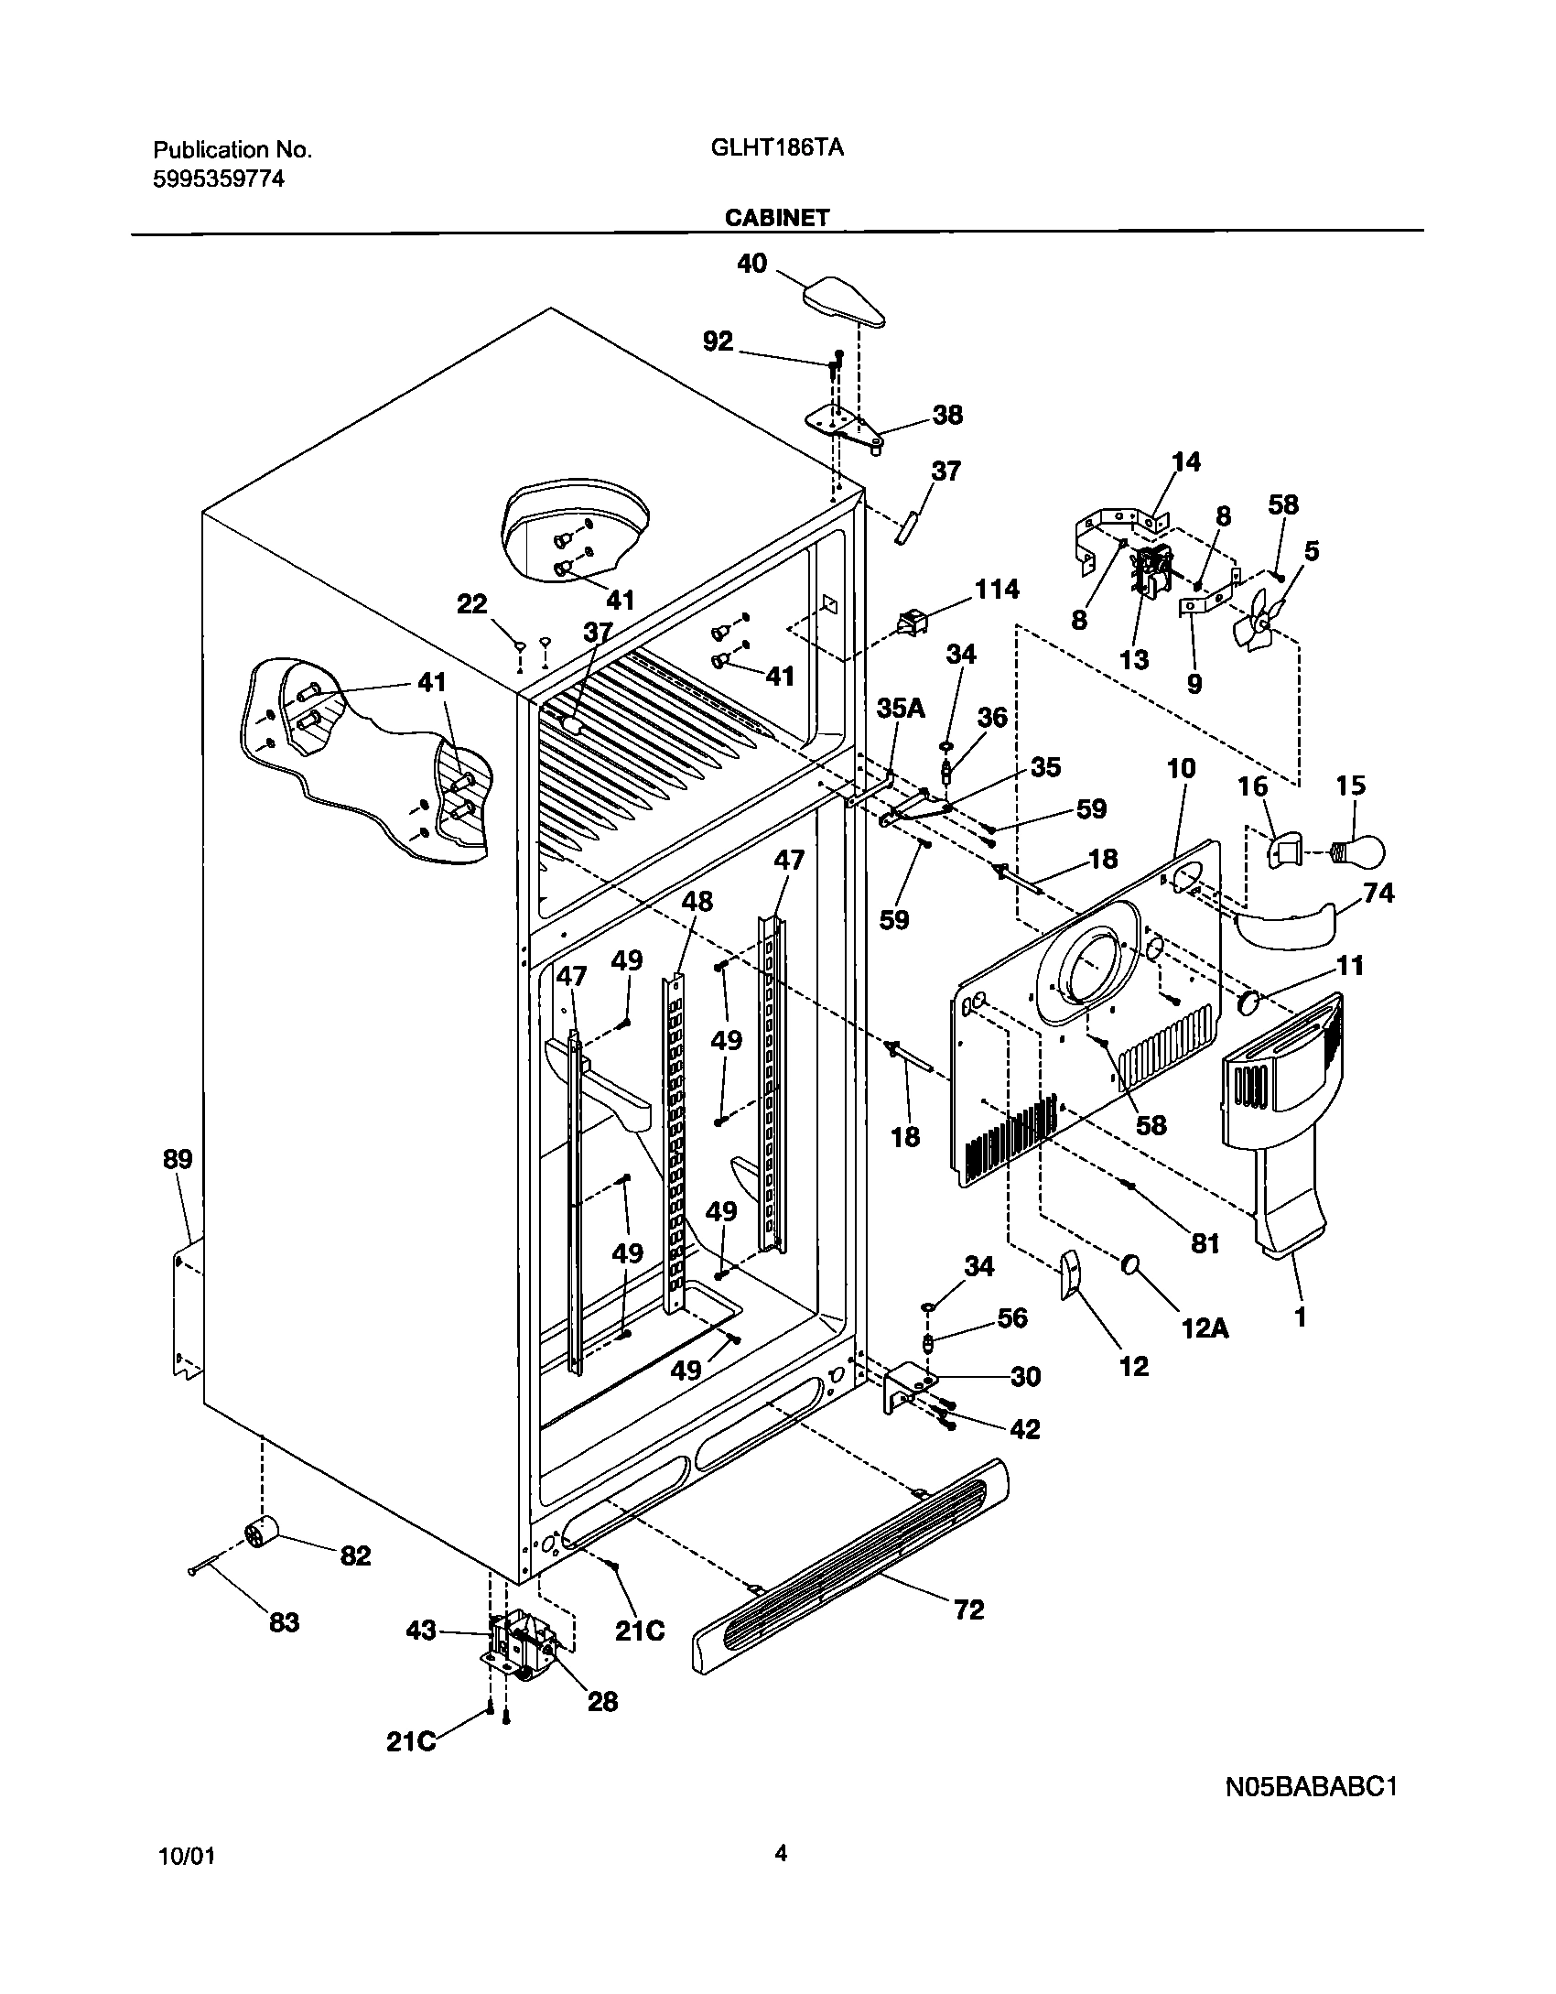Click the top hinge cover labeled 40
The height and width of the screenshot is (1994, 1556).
pos(845,301)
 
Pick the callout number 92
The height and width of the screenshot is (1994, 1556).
pos(718,341)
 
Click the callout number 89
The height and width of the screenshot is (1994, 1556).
pos(178,1159)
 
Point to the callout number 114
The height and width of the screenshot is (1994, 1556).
pos(996,589)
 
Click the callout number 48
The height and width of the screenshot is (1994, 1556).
pos(697,902)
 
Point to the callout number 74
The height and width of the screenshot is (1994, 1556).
pos(1378,893)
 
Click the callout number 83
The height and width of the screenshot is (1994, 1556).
pos(284,1622)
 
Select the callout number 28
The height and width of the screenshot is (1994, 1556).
pos(602,1700)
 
